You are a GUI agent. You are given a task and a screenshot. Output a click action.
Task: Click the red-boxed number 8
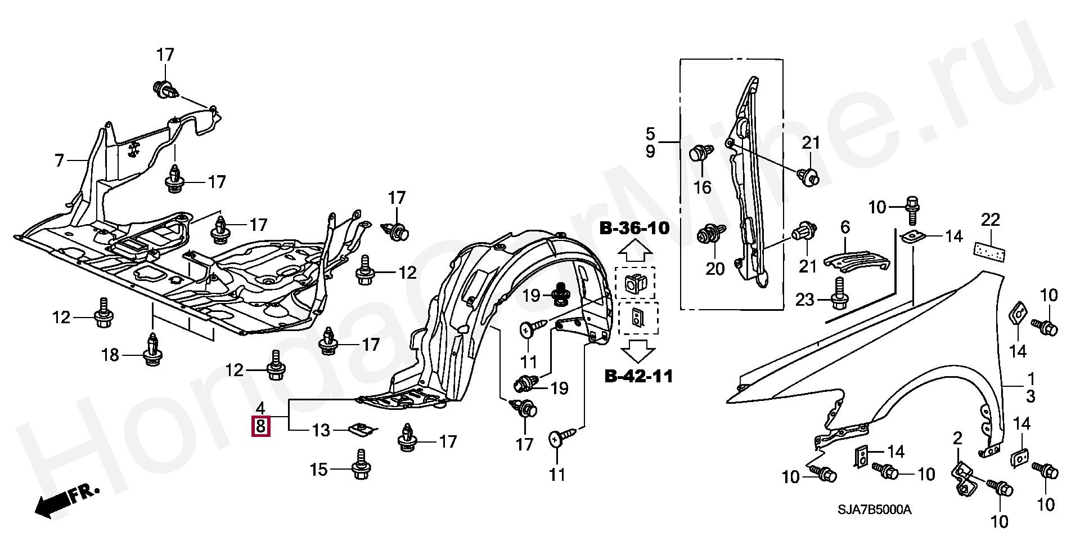pos(260,426)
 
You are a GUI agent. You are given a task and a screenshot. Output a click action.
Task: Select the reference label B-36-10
pos(634,228)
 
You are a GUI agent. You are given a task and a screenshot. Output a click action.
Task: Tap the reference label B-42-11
pos(638,376)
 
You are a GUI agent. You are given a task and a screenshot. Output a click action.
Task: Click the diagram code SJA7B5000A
pos(874,510)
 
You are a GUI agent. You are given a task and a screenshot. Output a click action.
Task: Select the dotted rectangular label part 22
pos(989,251)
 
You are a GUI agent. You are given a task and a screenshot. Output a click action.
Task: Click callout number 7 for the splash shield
pos(60,145)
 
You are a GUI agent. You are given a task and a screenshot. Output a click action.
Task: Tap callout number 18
pos(110,355)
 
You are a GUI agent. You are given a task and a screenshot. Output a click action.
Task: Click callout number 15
pos(319,469)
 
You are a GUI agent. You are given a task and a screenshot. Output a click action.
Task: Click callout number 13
pos(321,431)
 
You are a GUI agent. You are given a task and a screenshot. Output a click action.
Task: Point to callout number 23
pos(804,300)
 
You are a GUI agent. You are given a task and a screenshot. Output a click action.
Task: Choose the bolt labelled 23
pos(839,294)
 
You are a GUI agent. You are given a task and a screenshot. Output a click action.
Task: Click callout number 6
pos(845,228)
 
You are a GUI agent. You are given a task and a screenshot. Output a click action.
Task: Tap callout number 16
pos(702,187)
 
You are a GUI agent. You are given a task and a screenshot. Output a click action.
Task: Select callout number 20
pos(715,269)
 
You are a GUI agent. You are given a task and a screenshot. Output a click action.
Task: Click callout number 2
pos(957,438)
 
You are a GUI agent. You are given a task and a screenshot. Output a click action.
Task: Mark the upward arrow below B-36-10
pos(635,249)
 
